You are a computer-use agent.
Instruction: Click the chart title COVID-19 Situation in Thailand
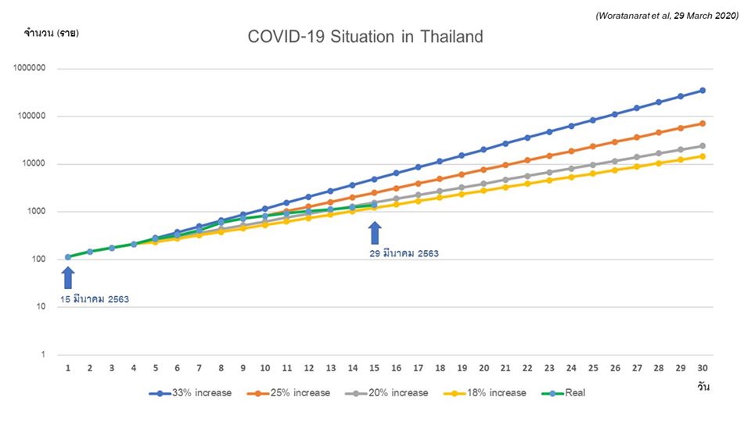pyautogui.click(x=365, y=37)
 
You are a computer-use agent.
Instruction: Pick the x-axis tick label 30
pyautogui.click(x=702, y=368)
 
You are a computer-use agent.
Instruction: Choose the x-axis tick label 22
pyautogui.click(x=527, y=368)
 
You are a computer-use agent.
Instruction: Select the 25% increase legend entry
pyautogui.click(x=289, y=392)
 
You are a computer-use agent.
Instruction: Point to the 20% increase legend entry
pyautogui.click(x=386, y=392)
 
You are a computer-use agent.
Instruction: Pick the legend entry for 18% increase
pyautogui.click(x=485, y=392)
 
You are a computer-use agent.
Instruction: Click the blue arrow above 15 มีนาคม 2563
pyautogui.click(x=68, y=277)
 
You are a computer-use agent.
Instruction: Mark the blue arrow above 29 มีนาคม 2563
pyautogui.click(x=375, y=233)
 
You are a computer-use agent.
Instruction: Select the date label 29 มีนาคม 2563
pyautogui.click(x=402, y=253)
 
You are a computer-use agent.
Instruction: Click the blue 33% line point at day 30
pyautogui.click(x=702, y=91)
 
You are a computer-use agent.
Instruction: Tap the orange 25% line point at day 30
pyautogui.click(x=702, y=123)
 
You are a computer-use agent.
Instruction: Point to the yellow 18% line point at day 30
pyautogui.click(x=702, y=156)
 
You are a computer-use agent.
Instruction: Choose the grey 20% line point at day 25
pyautogui.click(x=592, y=165)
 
